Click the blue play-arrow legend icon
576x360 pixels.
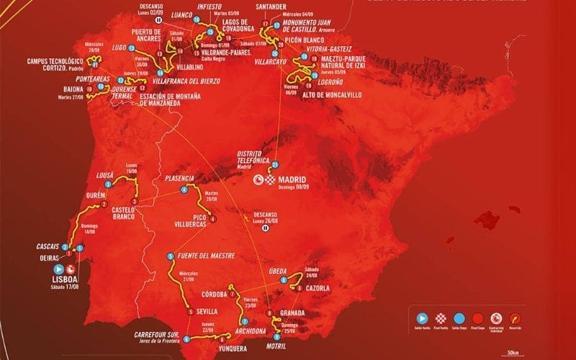coord(422,318)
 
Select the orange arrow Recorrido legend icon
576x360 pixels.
coord(514,318)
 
